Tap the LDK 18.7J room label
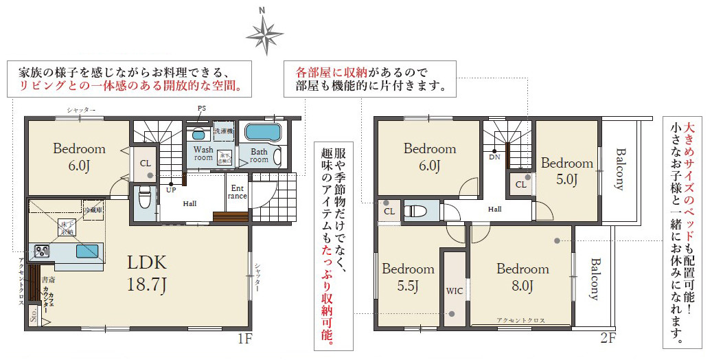click(x=146, y=273)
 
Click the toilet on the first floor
click(x=144, y=199)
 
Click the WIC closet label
click(x=454, y=291)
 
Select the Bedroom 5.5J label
click(x=408, y=277)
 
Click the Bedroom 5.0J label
click(x=566, y=171)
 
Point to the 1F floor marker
click(x=245, y=338)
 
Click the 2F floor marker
click(x=608, y=338)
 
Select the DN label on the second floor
click(x=494, y=157)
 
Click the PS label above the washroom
click(x=201, y=109)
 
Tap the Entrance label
click(x=238, y=192)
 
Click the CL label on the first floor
click(x=145, y=164)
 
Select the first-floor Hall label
click(x=190, y=203)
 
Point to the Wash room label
click(x=203, y=153)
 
